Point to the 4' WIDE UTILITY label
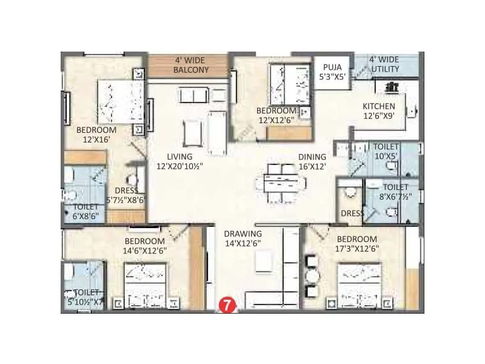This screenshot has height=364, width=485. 384,64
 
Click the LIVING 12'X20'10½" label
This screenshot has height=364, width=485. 179,161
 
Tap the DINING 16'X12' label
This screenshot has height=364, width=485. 312,161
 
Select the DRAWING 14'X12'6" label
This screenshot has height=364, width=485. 242,238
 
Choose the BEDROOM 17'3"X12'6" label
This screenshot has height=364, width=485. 357,244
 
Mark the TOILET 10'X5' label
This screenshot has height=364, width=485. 386,152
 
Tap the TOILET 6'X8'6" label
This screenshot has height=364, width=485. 85,211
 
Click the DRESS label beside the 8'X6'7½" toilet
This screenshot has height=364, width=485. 352,214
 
